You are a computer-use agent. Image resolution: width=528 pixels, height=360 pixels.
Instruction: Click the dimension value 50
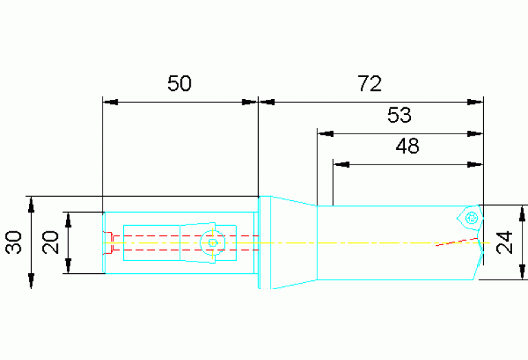coord(180,83)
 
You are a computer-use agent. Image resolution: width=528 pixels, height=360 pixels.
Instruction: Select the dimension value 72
coord(370,83)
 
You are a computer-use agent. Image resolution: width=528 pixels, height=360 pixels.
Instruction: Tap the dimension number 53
coord(399,115)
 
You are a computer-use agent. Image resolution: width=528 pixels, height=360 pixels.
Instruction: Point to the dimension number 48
coord(408,146)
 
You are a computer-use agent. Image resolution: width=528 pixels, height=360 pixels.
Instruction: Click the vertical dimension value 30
coord(14,242)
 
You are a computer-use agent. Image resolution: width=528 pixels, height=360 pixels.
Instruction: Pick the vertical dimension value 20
coord(50,242)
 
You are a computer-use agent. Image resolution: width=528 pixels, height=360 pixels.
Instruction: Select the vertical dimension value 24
coord(505,242)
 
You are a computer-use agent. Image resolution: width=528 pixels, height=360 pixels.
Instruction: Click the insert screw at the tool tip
coord(472,218)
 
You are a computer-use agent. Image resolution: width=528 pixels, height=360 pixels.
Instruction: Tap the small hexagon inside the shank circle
coord(213,242)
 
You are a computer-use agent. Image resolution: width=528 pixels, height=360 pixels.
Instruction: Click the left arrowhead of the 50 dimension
coord(110,102)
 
